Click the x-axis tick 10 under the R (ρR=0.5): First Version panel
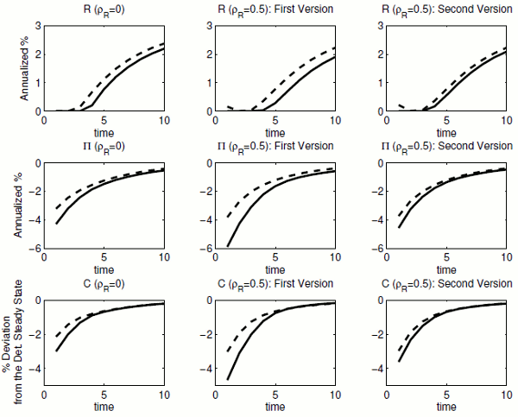[x=332, y=122]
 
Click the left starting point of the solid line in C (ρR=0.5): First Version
[x=227, y=378]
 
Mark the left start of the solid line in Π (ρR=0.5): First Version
[x=227, y=246]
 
